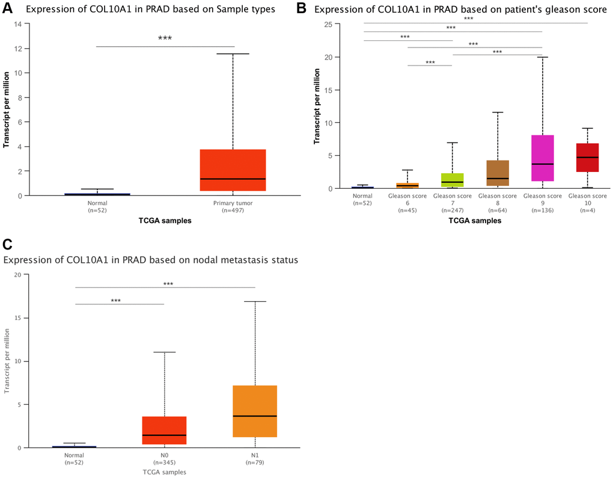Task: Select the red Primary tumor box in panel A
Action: tap(233, 170)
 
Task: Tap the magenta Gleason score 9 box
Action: tap(542, 158)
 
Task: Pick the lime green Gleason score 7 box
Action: tap(453, 180)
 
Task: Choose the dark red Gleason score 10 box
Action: tap(587, 158)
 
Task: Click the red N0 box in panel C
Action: tap(164, 431)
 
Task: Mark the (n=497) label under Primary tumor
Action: tap(233, 211)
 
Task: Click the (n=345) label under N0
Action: tap(164, 463)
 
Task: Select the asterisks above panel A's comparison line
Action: tap(165, 38)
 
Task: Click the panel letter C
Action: tap(8, 244)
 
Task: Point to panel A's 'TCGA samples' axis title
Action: tap(165, 221)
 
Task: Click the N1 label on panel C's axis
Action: tap(255, 456)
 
